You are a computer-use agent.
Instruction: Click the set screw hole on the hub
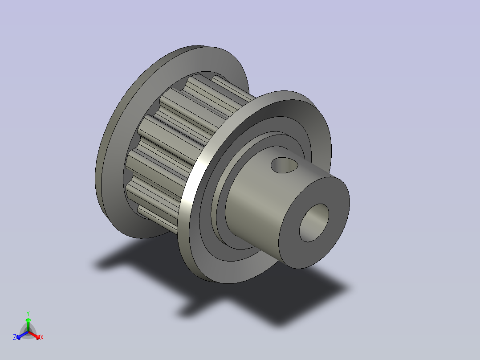284,165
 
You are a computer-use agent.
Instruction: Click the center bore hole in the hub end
314,223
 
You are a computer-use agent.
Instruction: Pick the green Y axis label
28,313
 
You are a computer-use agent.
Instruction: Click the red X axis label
42,337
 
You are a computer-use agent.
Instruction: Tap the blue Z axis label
15,337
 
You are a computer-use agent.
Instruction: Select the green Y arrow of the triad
28,325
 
